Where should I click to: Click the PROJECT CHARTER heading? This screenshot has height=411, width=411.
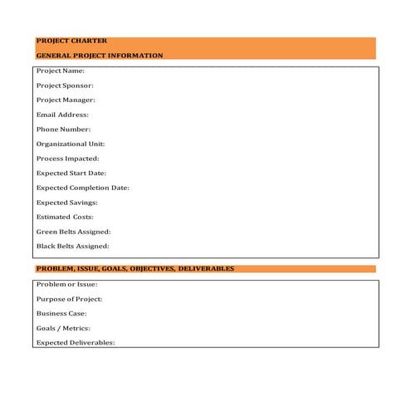point(71,41)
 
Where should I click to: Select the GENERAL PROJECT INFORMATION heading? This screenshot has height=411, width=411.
point(100,56)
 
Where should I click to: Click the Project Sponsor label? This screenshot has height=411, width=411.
point(65,86)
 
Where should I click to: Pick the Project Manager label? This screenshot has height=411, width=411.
point(66,100)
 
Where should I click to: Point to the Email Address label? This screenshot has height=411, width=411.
point(62,115)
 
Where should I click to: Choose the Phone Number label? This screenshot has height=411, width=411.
point(63,130)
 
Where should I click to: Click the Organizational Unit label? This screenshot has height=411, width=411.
point(71,144)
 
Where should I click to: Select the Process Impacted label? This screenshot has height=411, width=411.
point(68,159)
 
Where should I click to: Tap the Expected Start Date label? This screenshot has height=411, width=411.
point(71,174)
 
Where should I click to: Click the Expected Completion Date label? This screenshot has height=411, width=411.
point(83,188)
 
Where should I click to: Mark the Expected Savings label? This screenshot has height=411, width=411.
point(67,203)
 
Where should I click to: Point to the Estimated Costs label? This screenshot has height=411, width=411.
point(65,217)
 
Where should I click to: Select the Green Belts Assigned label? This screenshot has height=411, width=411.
point(73,232)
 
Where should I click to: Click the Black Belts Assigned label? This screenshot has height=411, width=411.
point(72,246)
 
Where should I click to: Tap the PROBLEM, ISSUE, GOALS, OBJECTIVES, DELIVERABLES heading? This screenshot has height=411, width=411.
point(135,269)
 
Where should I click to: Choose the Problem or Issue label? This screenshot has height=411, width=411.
point(67,285)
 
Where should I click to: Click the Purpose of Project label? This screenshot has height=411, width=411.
point(69,299)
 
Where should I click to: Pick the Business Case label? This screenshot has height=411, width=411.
point(61,314)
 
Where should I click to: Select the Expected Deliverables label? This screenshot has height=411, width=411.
point(76,343)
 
